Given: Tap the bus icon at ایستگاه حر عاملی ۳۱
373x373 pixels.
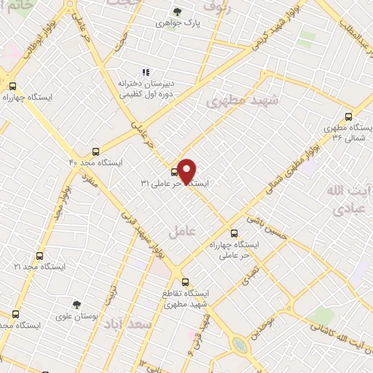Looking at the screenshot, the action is point(173,173).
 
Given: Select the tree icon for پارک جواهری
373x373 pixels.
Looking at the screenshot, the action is point(177,11).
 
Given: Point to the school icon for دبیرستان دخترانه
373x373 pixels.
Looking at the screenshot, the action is point(146,73).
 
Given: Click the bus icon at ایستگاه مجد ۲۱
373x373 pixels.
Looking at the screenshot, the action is point(39,256).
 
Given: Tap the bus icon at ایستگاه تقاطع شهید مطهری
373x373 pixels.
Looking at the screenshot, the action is point(184,281).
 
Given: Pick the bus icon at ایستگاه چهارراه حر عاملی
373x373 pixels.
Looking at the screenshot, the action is point(233,234).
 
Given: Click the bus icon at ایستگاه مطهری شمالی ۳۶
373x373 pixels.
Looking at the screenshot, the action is point(348,116).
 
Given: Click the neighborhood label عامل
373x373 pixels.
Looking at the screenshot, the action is point(178,231).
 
